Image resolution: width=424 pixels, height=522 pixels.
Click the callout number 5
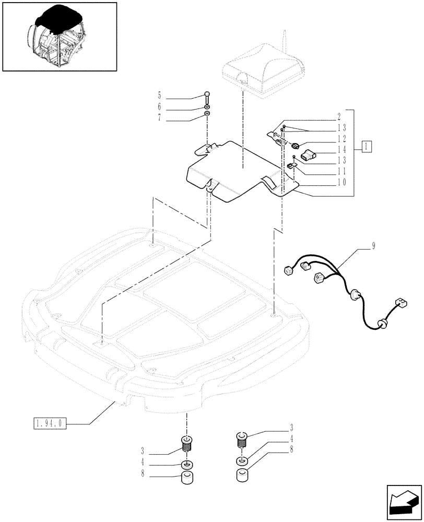click(x=159, y=97)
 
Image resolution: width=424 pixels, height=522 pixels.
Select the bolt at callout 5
click(x=207, y=97)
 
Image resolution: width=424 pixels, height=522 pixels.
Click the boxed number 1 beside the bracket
click(x=368, y=146)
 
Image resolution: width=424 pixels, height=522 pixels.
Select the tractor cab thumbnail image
click(x=59, y=36)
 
